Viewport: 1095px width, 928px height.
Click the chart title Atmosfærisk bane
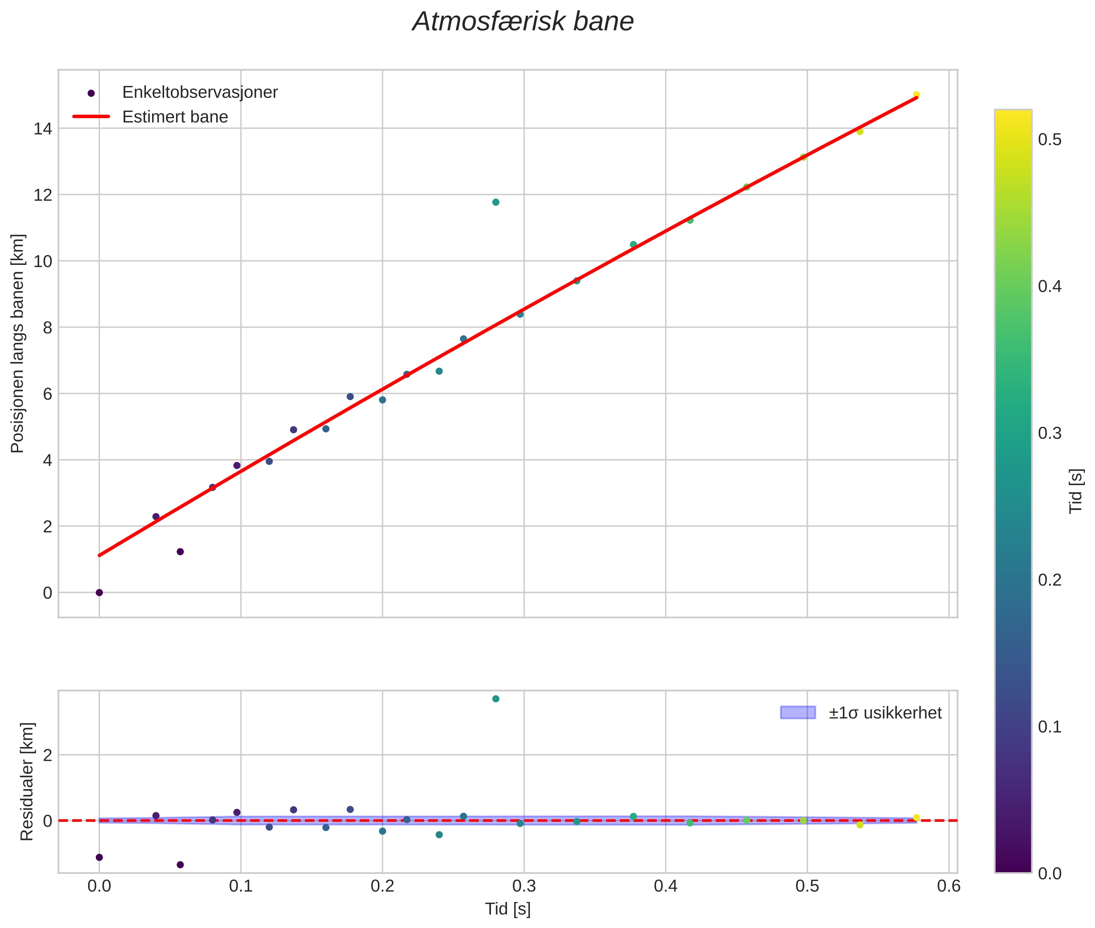pyautogui.click(x=523, y=22)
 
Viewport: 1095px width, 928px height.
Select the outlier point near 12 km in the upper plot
pyautogui.click(x=496, y=202)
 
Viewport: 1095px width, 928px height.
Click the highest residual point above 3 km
pyautogui.click(x=496, y=699)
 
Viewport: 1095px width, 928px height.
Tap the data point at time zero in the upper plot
pyautogui.click(x=99, y=592)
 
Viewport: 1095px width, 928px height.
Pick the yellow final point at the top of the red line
pyautogui.click(x=916, y=95)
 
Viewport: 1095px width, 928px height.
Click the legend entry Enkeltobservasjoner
pyautogui.click(x=200, y=93)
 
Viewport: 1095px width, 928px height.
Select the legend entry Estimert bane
pyautogui.click(x=175, y=117)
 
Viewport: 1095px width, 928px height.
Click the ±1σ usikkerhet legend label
pyautogui.click(x=885, y=713)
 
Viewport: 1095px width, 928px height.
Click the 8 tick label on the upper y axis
pyautogui.click(x=48, y=327)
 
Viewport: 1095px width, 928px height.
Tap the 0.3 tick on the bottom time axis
pyautogui.click(x=524, y=886)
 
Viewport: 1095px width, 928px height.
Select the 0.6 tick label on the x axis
pyautogui.click(x=949, y=886)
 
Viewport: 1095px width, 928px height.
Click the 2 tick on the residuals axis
pyautogui.click(x=48, y=755)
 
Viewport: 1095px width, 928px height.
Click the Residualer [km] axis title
pyautogui.click(x=27, y=781)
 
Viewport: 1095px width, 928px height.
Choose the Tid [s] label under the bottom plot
pyautogui.click(x=508, y=909)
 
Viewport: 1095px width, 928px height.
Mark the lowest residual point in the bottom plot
pyautogui.click(x=180, y=864)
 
